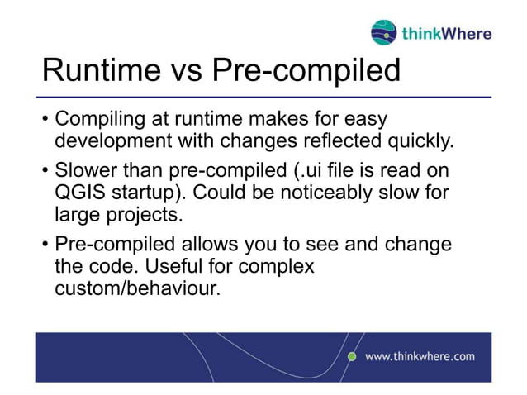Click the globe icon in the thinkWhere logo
384,33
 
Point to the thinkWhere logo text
446,34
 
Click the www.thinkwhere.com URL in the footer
420,356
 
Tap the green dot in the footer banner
351,356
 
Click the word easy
360,121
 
